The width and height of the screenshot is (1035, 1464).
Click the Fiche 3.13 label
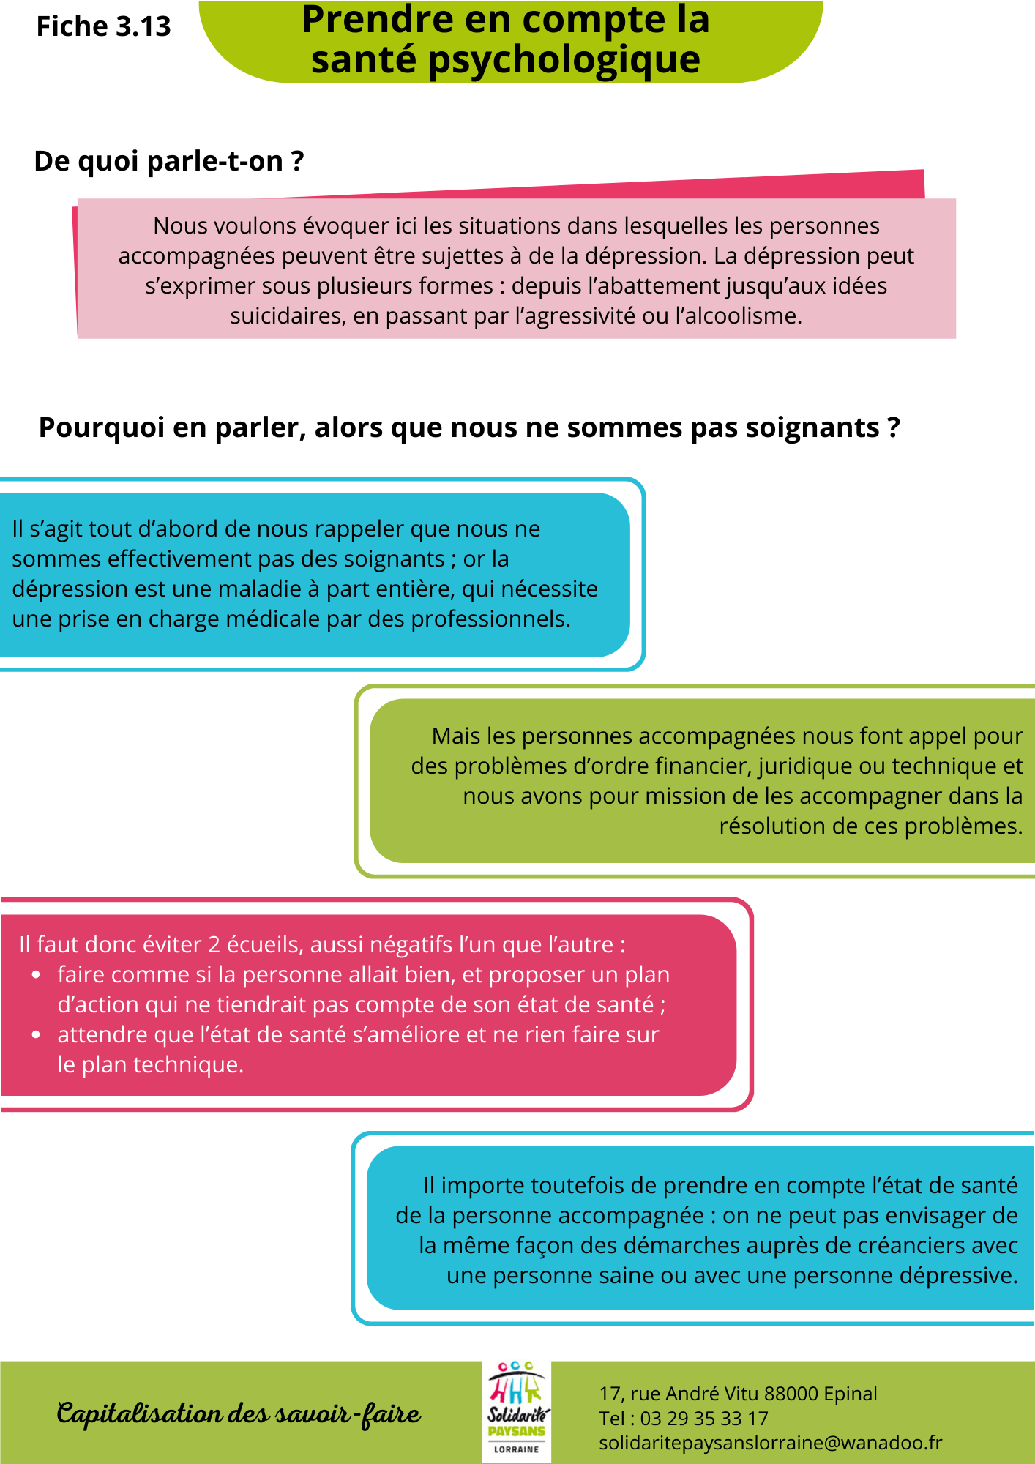[x=103, y=27]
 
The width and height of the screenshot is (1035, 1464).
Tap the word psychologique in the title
[x=564, y=60]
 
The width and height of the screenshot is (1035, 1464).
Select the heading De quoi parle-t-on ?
[x=169, y=161]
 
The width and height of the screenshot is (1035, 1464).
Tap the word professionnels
[x=490, y=619]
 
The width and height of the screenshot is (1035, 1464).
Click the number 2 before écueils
[x=214, y=945]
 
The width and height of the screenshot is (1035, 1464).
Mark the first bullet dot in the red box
[x=36, y=975]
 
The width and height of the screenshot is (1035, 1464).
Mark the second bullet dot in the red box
[x=36, y=1035]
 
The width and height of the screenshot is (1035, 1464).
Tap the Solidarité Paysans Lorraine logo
[x=517, y=1411]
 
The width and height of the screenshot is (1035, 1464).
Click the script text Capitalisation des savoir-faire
[x=239, y=1413]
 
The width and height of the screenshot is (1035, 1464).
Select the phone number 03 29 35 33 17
[x=704, y=1419]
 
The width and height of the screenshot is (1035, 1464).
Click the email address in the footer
[x=770, y=1443]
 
